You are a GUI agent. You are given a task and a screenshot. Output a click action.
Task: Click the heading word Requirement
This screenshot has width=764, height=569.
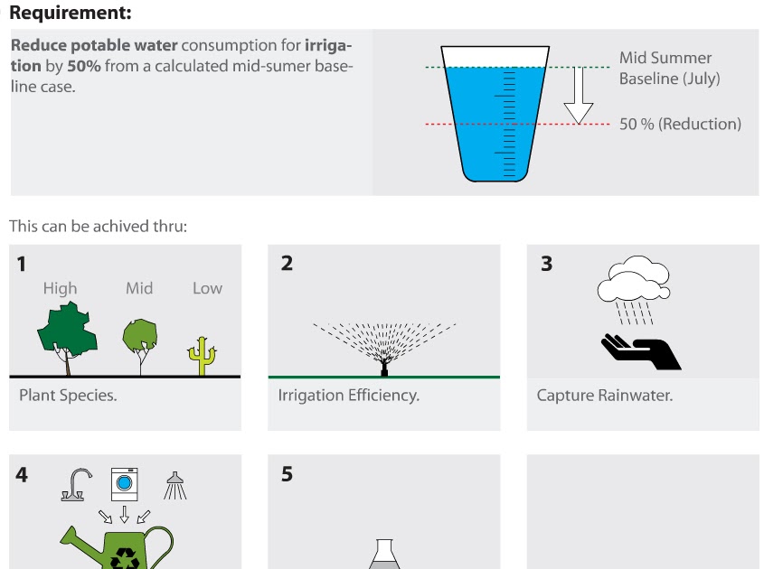tap(69, 13)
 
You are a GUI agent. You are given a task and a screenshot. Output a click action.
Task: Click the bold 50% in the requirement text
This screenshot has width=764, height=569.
tap(83, 67)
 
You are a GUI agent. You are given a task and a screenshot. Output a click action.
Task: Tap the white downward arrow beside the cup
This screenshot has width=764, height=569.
tap(579, 96)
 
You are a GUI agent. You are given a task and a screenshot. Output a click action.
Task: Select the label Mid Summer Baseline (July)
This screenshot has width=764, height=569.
tap(669, 69)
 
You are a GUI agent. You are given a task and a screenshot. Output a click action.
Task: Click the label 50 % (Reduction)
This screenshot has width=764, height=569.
tap(680, 124)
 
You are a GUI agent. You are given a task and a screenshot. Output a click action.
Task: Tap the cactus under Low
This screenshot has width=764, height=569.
tap(204, 355)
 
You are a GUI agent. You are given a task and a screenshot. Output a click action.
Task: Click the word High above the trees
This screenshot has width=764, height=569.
tap(61, 289)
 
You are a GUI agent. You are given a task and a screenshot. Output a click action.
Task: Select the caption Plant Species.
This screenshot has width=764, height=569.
tap(68, 396)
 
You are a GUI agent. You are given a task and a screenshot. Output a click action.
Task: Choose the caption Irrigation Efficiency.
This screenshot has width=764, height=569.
tap(348, 396)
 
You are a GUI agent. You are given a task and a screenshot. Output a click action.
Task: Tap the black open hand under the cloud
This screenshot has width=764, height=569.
tap(641, 351)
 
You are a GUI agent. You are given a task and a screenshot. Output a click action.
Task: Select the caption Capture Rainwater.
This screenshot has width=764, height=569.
tap(604, 396)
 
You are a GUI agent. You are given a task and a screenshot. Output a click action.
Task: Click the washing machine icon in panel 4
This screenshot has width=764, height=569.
tap(124, 484)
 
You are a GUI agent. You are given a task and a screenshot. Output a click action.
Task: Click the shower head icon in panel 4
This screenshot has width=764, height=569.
tap(174, 486)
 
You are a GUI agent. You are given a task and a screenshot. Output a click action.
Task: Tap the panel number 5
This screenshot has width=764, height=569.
tap(287, 474)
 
